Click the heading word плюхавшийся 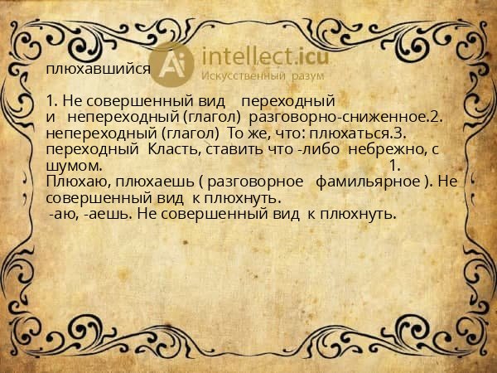(99, 70)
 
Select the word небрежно (382, 150)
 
